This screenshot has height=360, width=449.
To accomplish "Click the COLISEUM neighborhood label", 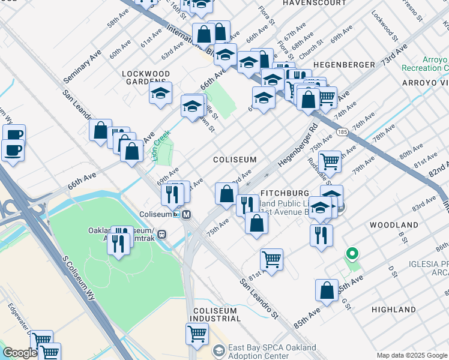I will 235,160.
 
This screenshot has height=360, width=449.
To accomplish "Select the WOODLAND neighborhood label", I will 394,224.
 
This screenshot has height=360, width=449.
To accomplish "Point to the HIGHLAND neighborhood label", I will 394,310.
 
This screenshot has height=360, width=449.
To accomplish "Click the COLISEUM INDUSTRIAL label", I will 215,314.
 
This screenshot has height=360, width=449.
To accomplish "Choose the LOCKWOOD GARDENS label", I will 143,77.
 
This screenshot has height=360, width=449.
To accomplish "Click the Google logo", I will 20,353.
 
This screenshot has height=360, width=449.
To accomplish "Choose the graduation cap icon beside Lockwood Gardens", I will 160,93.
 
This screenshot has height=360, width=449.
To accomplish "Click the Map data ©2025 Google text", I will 411,355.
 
